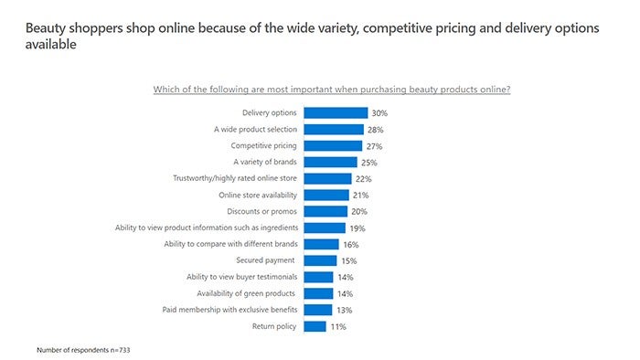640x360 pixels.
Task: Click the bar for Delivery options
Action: (335, 113)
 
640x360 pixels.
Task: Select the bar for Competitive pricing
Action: (332, 145)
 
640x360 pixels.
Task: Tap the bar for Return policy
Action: (315, 326)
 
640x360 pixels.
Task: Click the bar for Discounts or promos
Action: (325, 211)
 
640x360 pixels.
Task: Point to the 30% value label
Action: (379, 113)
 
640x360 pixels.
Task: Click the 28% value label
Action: (374, 130)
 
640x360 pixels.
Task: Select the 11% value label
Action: (338, 326)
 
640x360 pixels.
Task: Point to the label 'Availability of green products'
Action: (246, 293)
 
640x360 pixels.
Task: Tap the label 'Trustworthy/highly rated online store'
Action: (234, 178)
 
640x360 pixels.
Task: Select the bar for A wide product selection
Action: (334, 130)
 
